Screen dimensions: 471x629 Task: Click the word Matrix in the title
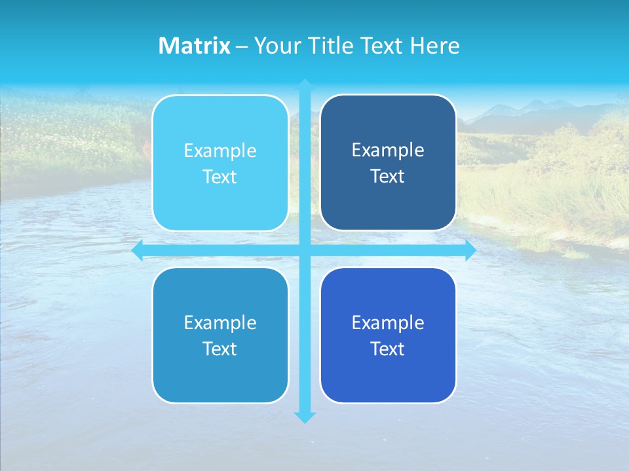pyautogui.click(x=195, y=46)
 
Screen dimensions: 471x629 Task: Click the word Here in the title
pyautogui.click(x=434, y=46)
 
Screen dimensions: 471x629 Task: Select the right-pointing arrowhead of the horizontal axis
pyautogui.click(x=470, y=250)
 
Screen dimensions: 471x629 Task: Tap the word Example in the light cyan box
pyautogui.click(x=220, y=151)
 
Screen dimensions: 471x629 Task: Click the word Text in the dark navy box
pyautogui.click(x=388, y=177)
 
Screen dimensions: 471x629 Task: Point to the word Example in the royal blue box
pyautogui.click(x=388, y=323)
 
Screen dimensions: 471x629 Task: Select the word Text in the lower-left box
pyautogui.click(x=220, y=349)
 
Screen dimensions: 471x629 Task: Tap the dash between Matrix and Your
pyautogui.click(x=242, y=46)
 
